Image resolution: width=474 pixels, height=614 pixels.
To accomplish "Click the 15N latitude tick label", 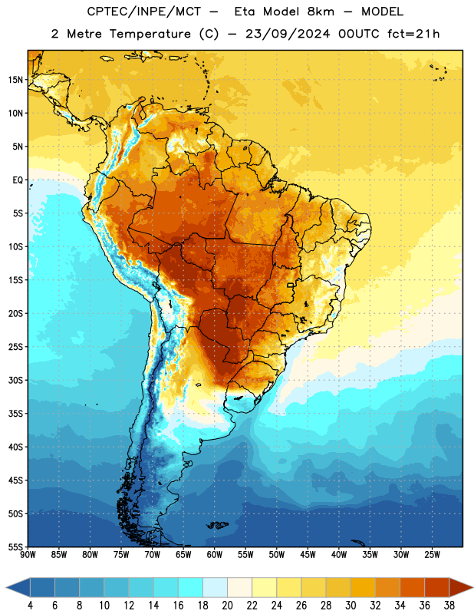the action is [x=15, y=80].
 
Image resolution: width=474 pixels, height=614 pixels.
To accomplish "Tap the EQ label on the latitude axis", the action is [x=18, y=180].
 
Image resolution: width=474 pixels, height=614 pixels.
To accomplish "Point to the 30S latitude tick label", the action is [x=15, y=380].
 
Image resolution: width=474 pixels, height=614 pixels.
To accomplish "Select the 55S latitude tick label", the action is [x=15, y=547].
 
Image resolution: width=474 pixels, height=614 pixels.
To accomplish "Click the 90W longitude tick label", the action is [x=28, y=555].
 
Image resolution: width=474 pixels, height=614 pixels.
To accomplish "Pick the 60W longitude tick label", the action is [x=215, y=555].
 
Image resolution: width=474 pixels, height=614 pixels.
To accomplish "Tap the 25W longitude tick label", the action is [x=432, y=555].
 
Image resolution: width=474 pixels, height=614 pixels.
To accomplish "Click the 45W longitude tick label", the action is [x=308, y=555].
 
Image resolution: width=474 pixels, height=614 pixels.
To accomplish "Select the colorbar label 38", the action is [x=449, y=606].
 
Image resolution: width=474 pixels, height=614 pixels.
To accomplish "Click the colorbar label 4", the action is [x=30, y=606].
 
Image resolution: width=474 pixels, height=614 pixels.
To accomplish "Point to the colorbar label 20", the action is [x=227, y=606].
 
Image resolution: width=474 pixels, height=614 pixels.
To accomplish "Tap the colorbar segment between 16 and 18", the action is [x=191, y=588].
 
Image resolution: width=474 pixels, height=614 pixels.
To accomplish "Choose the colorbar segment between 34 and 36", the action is [x=412, y=588].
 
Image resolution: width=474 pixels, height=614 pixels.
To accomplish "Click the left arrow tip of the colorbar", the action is [x=6, y=588].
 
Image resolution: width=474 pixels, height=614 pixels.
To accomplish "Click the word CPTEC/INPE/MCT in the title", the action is [x=143, y=12].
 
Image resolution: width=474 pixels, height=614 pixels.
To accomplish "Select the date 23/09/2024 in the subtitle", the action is [x=288, y=34].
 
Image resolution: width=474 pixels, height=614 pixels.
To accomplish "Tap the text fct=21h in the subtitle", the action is [x=413, y=34].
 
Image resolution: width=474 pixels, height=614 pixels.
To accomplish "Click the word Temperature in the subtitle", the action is [x=150, y=34].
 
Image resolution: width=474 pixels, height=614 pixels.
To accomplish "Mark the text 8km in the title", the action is [x=321, y=12].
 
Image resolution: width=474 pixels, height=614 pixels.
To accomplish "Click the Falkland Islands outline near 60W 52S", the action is [x=217, y=525].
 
